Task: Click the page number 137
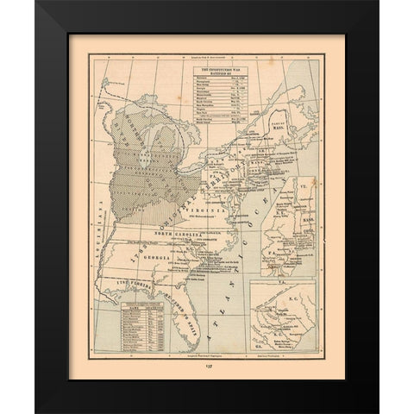coord(208,364)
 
